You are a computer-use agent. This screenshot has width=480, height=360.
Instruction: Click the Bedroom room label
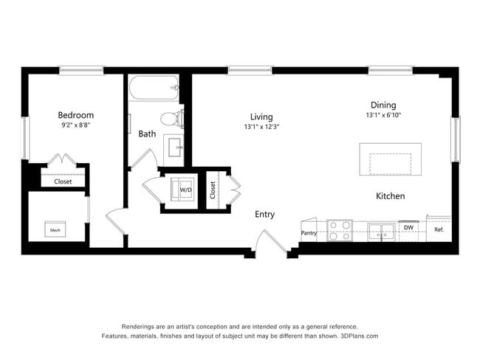click(x=76, y=115)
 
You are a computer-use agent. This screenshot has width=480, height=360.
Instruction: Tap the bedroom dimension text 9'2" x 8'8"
click(x=76, y=125)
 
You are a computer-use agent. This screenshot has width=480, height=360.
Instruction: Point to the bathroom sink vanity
click(x=177, y=147)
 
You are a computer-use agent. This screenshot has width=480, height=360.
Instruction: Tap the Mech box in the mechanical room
click(x=55, y=230)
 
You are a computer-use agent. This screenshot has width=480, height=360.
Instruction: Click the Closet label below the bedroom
click(x=63, y=181)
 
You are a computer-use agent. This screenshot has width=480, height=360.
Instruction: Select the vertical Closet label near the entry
click(x=213, y=190)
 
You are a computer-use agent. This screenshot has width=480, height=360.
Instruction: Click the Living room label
click(x=261, y=117)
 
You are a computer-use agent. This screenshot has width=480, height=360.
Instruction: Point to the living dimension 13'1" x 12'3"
click(x=261, y=127)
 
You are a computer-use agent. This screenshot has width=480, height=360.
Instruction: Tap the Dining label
click(x=383, y=105)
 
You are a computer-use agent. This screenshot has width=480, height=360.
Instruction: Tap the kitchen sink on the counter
click(x=381, y=231)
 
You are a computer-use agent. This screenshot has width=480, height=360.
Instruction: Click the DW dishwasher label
click(x=408, y=228)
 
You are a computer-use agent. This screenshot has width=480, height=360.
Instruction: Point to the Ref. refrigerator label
click(x=439, y=229)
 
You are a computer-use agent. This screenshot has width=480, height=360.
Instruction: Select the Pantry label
click(x=309, y=233)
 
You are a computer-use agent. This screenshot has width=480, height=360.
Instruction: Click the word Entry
click(x=264, y=215)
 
